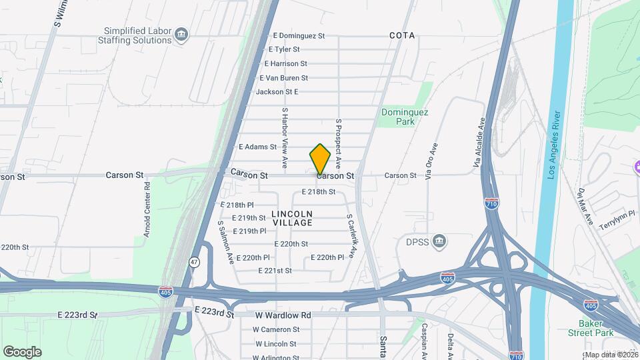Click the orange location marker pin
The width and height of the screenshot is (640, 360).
320,159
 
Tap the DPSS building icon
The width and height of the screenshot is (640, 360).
439,241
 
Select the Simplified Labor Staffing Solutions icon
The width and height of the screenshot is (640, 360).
181,34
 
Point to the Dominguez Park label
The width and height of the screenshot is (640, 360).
398,117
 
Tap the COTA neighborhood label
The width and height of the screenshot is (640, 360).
402,35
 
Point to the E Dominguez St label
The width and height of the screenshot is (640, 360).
299,35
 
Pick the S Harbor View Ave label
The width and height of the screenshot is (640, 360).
285,137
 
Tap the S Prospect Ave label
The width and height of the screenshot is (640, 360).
339,143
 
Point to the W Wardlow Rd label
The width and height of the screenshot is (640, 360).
283,315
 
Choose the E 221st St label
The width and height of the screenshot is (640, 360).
275,271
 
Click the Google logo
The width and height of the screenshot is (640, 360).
22,352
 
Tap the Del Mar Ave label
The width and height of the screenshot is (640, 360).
585,207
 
